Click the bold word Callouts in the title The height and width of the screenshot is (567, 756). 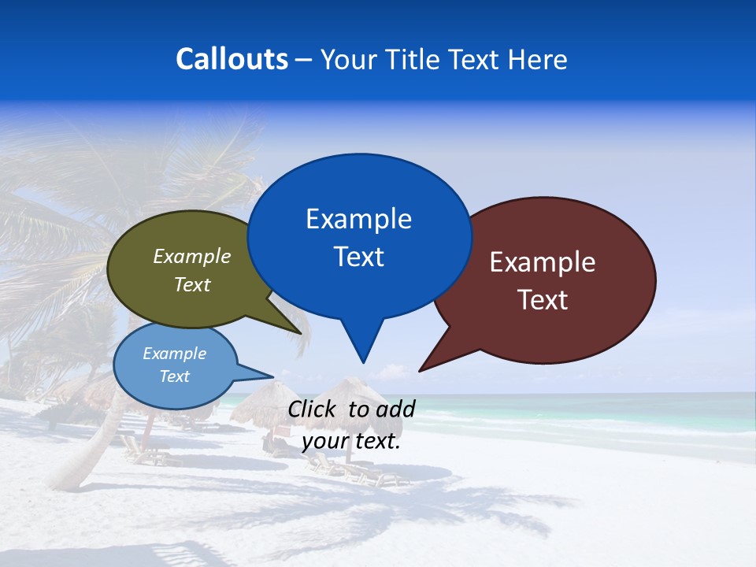point(232,59)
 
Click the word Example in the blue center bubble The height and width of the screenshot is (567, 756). point(358,219)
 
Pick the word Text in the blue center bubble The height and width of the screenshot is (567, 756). point(358,257)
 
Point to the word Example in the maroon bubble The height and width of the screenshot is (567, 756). point(543,262)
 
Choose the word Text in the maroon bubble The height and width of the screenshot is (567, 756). point(543,300)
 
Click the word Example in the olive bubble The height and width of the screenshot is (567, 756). point(192,257)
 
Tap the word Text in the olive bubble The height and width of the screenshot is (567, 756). point(192,285)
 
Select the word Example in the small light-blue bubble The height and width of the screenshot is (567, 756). point(174,354)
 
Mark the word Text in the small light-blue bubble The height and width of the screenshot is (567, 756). point(174,376)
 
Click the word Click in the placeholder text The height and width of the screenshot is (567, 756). point(312,409)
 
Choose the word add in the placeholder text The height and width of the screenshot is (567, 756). point(395,409)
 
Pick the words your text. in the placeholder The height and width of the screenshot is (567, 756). point(351,442)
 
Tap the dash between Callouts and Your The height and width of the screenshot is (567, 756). point(305,60)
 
